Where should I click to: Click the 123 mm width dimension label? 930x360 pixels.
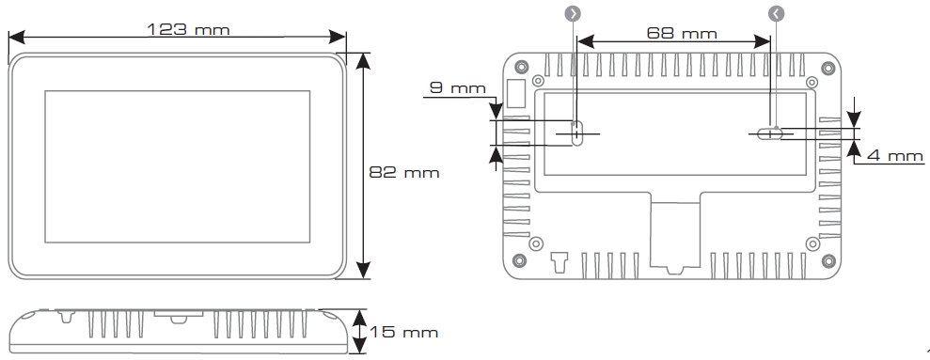click(x=188, y=28)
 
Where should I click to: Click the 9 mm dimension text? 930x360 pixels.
click(x=456, y=88)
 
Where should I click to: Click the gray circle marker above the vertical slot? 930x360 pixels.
click(x=574, y=13)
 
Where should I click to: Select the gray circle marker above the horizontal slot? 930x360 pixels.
click(x=775, y=13)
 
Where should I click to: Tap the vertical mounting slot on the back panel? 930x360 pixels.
click(x=576, y=133)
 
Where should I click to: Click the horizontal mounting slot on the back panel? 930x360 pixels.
click(x=770, y=133)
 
